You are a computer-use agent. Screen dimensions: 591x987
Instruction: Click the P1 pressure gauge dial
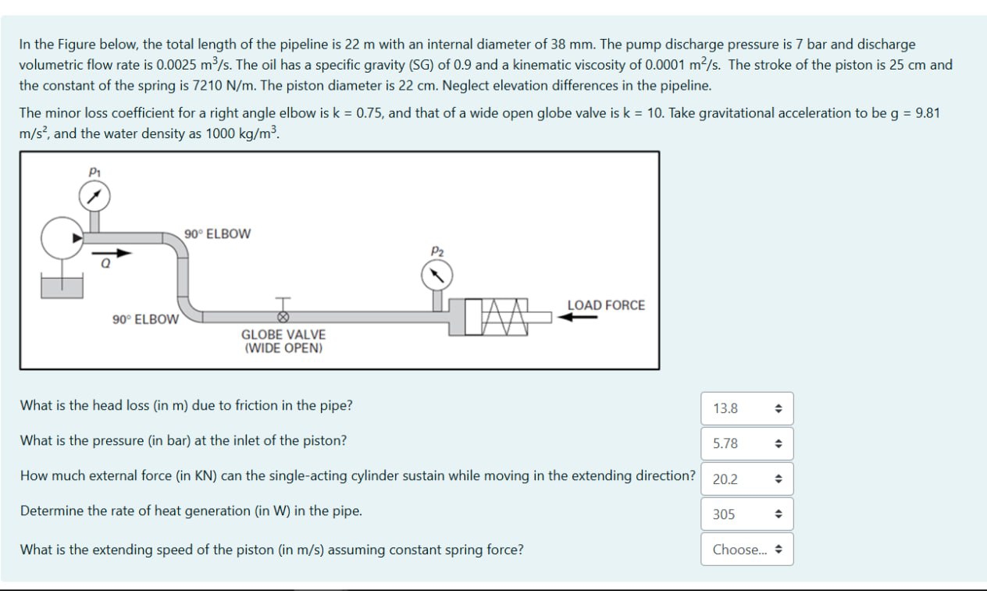tap(94, 197)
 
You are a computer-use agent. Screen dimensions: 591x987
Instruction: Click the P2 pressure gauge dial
tap(436, 274)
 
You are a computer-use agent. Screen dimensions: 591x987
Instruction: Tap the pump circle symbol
tap(62, 237)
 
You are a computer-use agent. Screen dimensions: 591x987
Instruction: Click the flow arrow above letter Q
tap(112, 253)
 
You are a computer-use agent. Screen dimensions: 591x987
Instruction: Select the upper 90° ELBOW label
tap(218, 233)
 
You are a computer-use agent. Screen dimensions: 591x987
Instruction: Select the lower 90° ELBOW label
tap(145, 319)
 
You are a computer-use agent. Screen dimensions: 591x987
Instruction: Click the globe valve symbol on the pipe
tap(283, 316)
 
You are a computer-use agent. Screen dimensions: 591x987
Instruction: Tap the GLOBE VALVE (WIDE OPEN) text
tap(283, 341)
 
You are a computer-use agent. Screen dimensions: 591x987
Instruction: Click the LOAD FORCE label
tap(606, 305)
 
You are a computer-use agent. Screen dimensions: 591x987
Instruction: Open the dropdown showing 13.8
tap(747, 408)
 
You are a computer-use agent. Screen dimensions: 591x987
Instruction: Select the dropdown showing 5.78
tap(747, 443)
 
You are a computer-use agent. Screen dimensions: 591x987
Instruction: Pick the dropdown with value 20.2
tap(747, 479)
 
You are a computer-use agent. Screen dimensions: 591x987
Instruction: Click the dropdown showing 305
tap(747, 514)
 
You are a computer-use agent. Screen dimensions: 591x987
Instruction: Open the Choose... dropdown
tap(747, 550)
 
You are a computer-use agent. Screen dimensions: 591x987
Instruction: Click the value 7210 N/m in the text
tap(215, 85)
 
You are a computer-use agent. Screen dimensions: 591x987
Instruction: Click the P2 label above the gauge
tap(436, 250)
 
